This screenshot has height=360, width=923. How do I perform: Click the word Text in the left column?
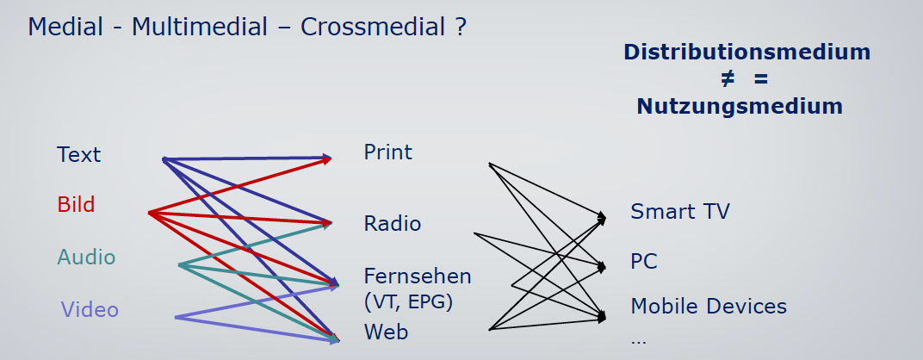(x=79, y=154)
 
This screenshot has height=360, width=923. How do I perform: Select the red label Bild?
(x=76, y=204)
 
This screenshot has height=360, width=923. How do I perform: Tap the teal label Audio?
(x=86, y=257)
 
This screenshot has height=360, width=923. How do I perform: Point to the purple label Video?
(x=90, y=309)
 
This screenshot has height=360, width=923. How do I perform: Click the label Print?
(x=388, y=152)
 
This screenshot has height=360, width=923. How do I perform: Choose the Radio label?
(x=393, y=223)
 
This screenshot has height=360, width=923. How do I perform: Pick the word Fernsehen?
(x=418, y=276)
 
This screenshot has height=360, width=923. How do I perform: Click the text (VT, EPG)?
(x=408, y=302)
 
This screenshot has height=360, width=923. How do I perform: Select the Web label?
(x=386, y=332)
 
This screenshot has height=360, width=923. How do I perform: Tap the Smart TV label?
(x=680, y=211)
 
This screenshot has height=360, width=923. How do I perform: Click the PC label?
(x=644, y=261)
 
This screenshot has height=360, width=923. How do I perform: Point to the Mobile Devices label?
(x=709, y=306)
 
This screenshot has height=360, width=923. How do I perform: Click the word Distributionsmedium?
(x=747, y=52)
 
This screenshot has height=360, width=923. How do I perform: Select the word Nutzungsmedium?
(x=740, y=106)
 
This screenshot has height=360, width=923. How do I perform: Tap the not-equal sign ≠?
(x=728, y=79)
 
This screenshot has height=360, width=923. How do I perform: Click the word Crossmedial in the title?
(x=373, y=27)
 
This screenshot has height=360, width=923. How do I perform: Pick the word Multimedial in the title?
(x=200, y=27)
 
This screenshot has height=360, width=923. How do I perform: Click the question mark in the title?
(x=461, y=27)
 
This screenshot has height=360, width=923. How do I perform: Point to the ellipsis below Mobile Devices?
(x=638, y=340)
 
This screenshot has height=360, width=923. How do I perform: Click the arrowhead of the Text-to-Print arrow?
(x=326, y=158)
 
